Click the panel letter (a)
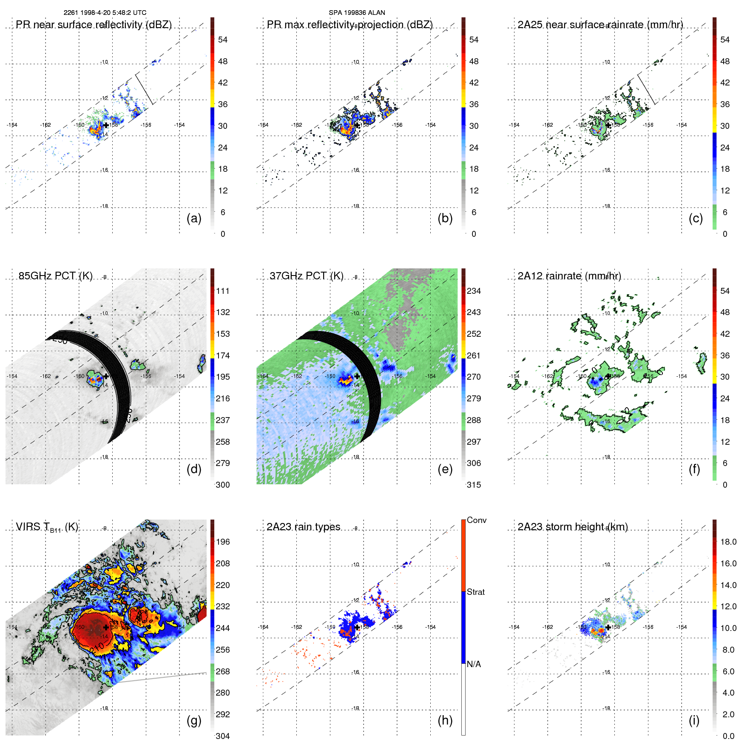pyautogui.click(x=194, y=219)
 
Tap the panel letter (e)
pyautogui.click(x=445, y=469)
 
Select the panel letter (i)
pyautogui.click(x=694, y=721)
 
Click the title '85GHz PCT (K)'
pyautogui.click(x=56, y=276)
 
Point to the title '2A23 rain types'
pyautogui.click(x=304, y=527)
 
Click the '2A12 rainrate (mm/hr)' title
pyautogui.click(x=569, y=276)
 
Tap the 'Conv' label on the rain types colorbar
pyautogui.click(x=477, y=520)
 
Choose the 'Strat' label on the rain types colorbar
pyautogui.click(x=476, y=592)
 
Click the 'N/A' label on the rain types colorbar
pyautogui.click(x=474, y=664)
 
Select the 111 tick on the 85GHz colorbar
pyautogui.click(x=223, y=291)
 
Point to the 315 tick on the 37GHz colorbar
pyautogui.click(x=474, y=485)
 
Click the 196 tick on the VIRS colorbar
pyautogui.click(x=223, y=542)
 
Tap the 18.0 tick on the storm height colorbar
pyautogui.click(x=728, y=542)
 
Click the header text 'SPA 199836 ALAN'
pyautogui.click(x=357, y=13)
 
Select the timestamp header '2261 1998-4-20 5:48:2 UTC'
pyautogui.click(x=105, y=13)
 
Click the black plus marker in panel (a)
pyautogui.click(x=106, y=125)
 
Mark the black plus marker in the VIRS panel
pyautogui.click(x=106, y=627)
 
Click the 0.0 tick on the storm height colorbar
pyautogui.click(x=728, y=736)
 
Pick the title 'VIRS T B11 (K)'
pyautogui.click(x=47, y=527)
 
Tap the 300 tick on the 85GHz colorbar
pyautogui.click(x=223, y=485)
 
